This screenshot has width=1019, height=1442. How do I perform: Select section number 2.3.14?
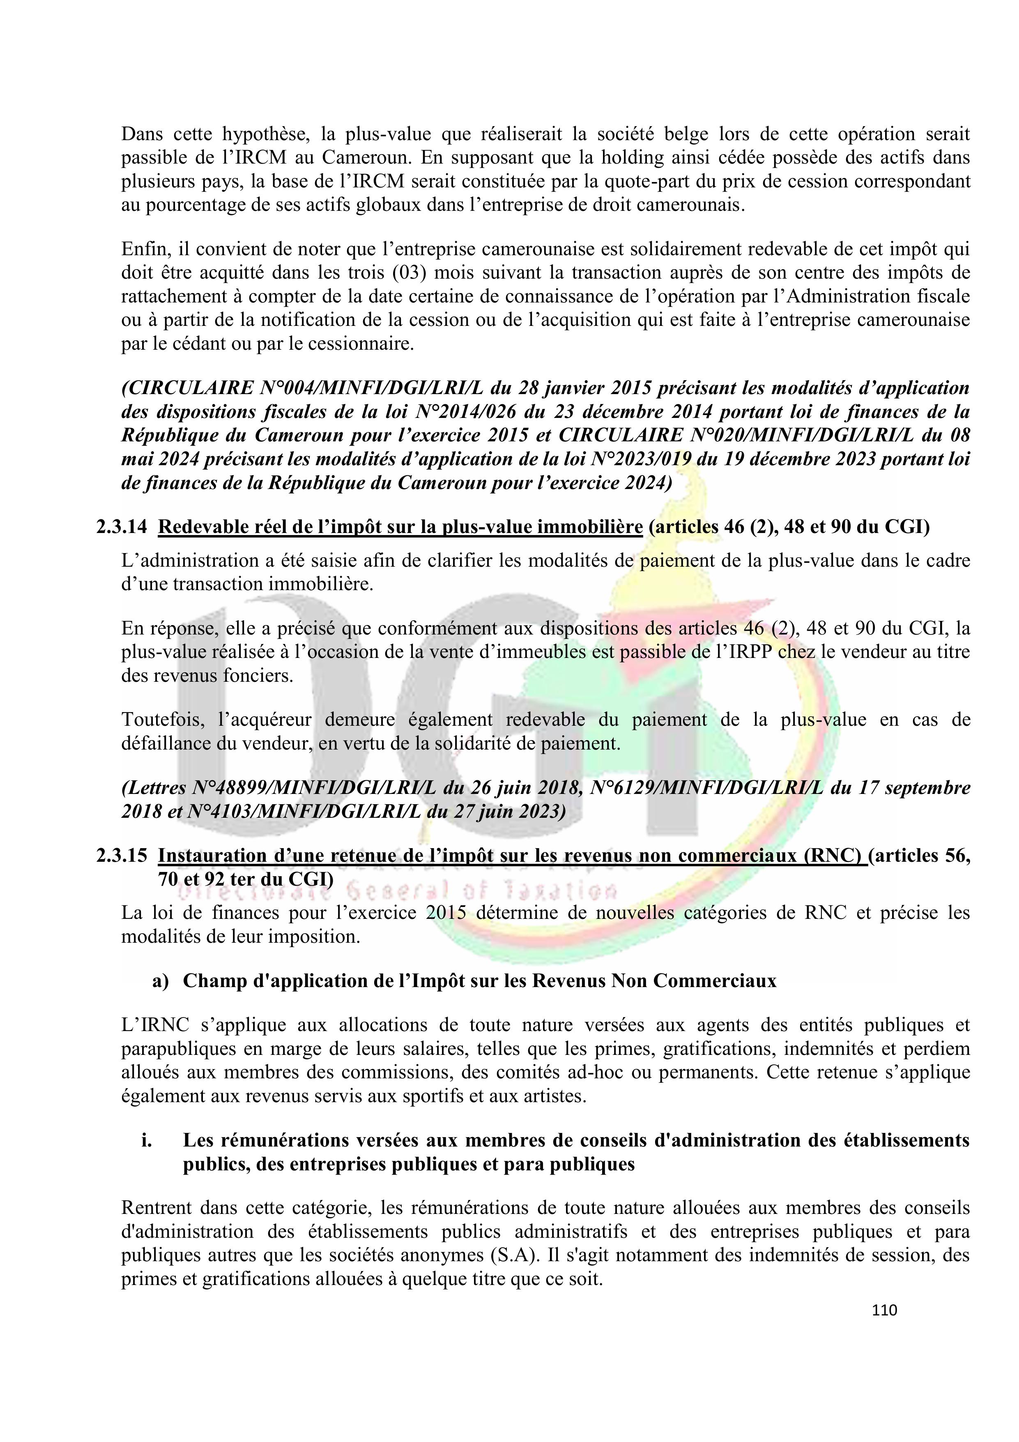(122, 527)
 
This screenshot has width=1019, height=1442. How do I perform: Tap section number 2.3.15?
(122, 856)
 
